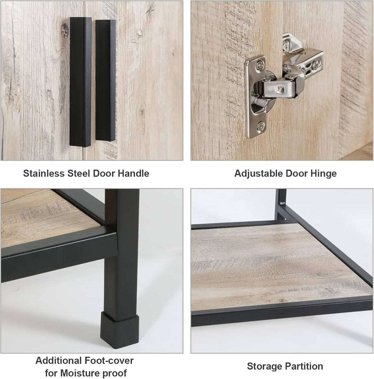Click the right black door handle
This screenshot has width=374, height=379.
tap(105, 80)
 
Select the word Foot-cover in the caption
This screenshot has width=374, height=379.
tap(109, 360)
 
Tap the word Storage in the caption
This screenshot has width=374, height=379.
tap(264, 366)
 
